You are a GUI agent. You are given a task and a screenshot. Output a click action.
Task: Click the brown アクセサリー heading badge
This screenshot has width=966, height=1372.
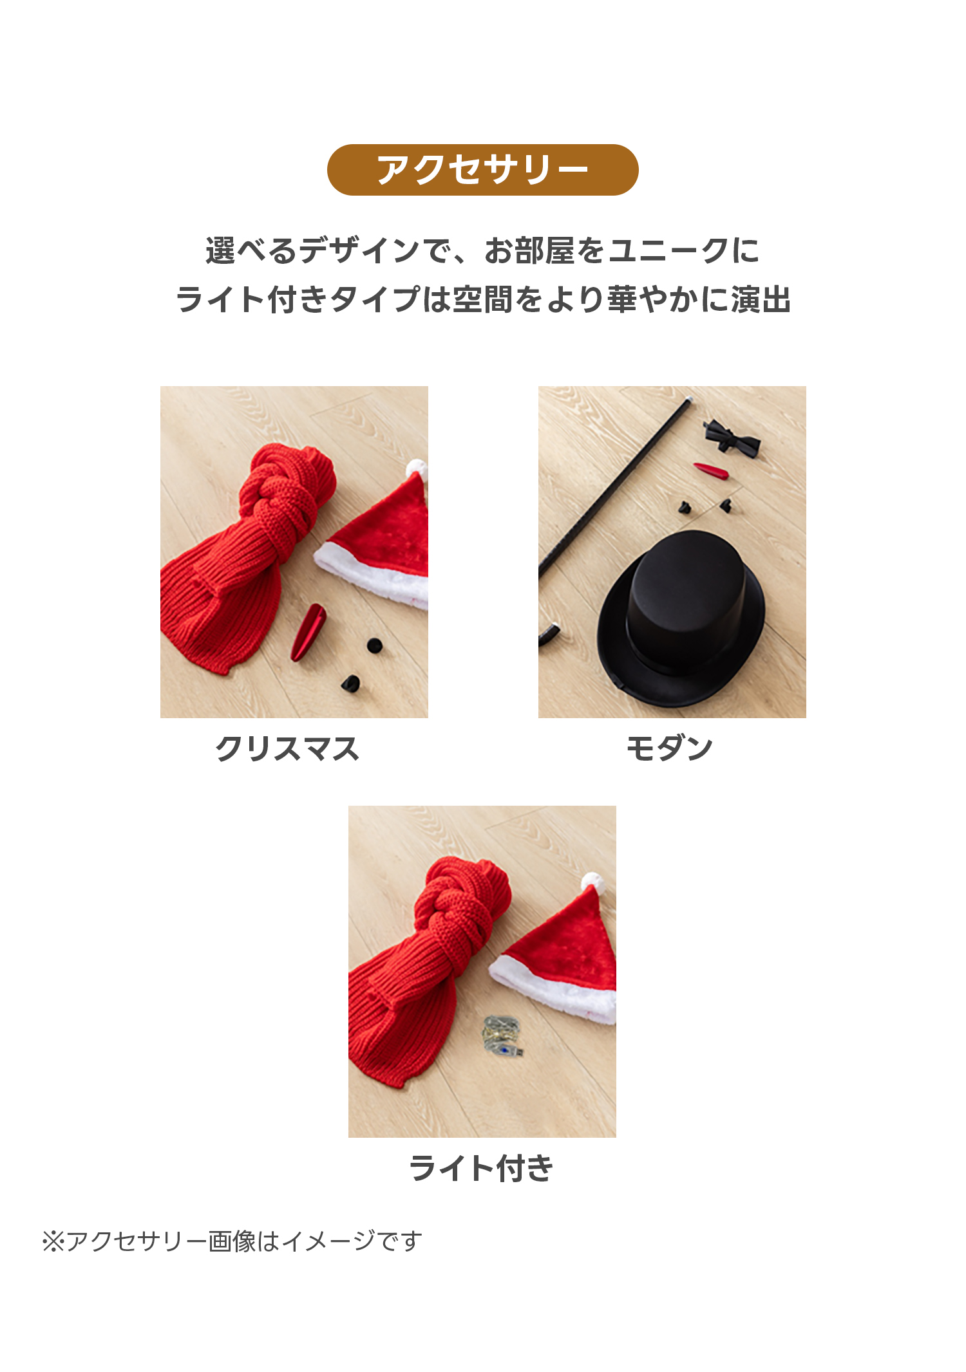(x=482, y=170)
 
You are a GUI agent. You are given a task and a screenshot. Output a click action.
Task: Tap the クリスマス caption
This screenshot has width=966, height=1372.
(x=287, y=749)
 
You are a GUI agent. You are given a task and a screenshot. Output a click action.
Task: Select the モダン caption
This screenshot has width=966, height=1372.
(x=670, y=748)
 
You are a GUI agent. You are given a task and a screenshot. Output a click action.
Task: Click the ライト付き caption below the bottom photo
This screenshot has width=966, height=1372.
(x=482, y=1169)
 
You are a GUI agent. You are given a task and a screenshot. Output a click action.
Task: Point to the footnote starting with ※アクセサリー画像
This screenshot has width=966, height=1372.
(x=232, y=1241)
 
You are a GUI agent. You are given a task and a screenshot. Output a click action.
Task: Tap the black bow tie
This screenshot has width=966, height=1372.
(x=731, y=436)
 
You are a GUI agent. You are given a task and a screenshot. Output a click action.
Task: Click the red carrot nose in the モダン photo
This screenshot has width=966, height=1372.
(x=711, y=470)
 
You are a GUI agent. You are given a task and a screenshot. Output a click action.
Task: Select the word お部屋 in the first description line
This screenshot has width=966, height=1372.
(x=529, y=251)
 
